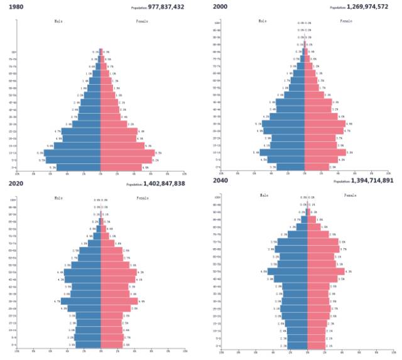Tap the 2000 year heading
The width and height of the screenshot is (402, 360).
220,6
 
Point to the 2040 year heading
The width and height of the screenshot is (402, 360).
220,182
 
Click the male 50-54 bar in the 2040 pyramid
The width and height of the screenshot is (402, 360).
287,271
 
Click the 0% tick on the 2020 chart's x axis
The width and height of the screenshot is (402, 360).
100,352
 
